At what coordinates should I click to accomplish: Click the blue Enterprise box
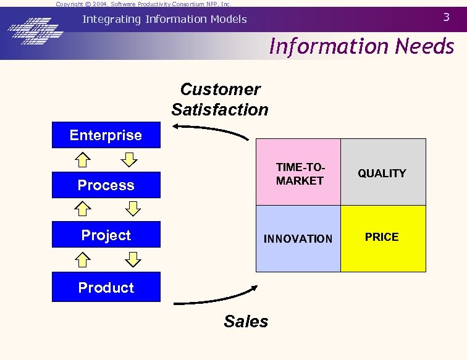pos(106,136)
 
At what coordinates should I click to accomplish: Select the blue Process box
pos(106,185)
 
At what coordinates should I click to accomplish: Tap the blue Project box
pos(106,235)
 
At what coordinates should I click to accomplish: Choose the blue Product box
pos(106,287)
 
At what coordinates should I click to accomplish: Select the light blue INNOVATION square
pos(298,238)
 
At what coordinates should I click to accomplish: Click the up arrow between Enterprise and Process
pos(83,160)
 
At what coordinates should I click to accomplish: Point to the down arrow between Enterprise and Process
pos(129,160)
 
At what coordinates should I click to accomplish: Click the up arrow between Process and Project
pos(83,210)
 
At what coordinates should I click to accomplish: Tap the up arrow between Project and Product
pos(83,260)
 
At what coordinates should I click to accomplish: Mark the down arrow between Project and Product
pos(132,260)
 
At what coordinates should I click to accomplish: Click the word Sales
pos(246,322)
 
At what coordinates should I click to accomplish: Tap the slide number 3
pos(447,17)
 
